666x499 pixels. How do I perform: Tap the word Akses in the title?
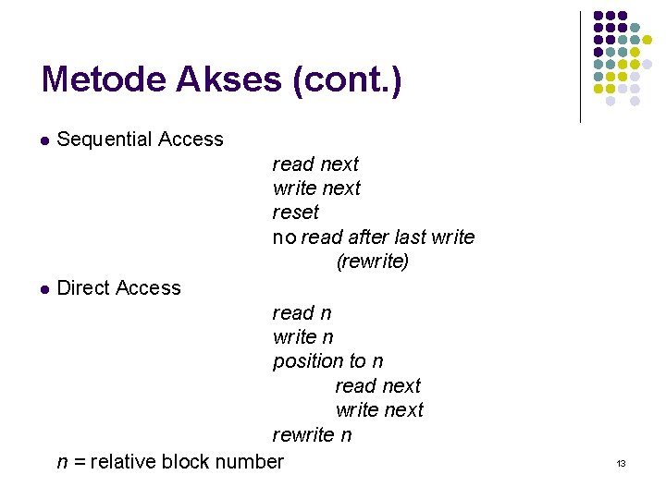225,79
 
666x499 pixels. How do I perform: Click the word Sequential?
104,140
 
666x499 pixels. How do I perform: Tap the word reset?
295,213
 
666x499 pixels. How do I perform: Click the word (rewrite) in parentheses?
372,262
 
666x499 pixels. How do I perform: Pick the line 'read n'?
302,312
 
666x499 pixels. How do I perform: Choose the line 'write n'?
302,336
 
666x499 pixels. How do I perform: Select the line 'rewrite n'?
312,434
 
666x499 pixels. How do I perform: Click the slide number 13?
621,463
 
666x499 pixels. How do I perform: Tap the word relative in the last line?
123,460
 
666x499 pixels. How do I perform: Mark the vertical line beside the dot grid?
580,67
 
